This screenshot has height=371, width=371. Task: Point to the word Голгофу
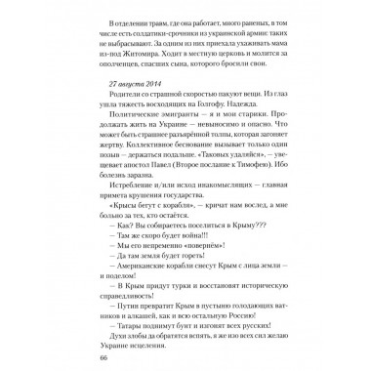click(x=220, y=126)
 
